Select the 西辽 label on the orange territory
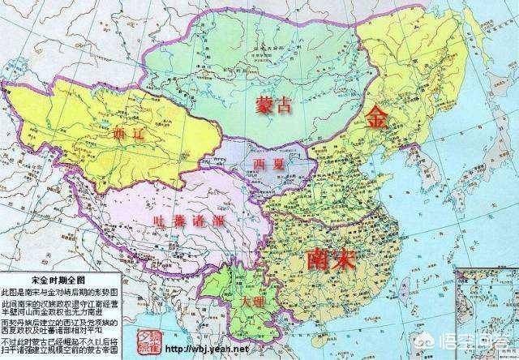coord(131,135)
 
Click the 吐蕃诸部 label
coord(190,220)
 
